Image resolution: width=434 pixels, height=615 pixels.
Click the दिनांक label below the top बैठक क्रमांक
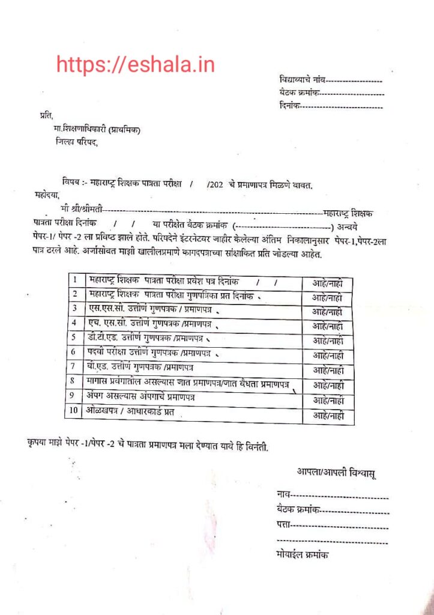click(289, 106)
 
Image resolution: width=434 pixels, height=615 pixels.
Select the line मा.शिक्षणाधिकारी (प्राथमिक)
click(96, 130)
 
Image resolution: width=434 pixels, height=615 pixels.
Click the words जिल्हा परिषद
click(75, 142)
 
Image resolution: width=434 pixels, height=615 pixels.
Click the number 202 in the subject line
click(216, 183)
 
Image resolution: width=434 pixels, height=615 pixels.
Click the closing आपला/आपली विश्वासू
click(336, 473)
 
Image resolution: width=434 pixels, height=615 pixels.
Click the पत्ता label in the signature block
click(283, 525)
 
